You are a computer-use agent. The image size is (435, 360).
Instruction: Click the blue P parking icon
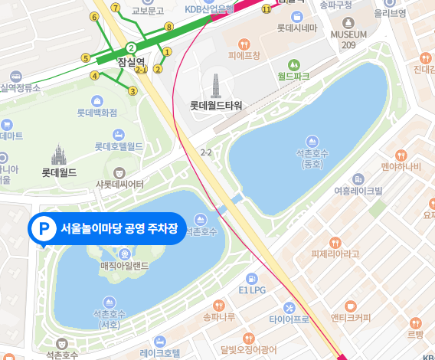pyautogui.click(x=43, y=228)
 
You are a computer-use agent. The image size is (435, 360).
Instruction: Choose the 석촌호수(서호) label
pyautogui.click(x=110, y=319)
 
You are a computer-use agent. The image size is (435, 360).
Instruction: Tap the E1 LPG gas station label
pyautogui.click(x=252, y=290)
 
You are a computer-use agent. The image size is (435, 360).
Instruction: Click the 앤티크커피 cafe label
pyautogui.click(x=351, y=318)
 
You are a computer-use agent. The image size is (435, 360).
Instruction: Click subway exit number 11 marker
pyautogui.click(x=266, y=10)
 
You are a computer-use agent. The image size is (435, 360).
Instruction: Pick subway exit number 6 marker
pyautogui.click(x=94, y=17)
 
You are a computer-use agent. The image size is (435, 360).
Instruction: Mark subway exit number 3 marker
pyautogui.click(x=132, y=91)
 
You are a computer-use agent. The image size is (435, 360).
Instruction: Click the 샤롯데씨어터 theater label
pyautogui.click(x=119, y=183)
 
